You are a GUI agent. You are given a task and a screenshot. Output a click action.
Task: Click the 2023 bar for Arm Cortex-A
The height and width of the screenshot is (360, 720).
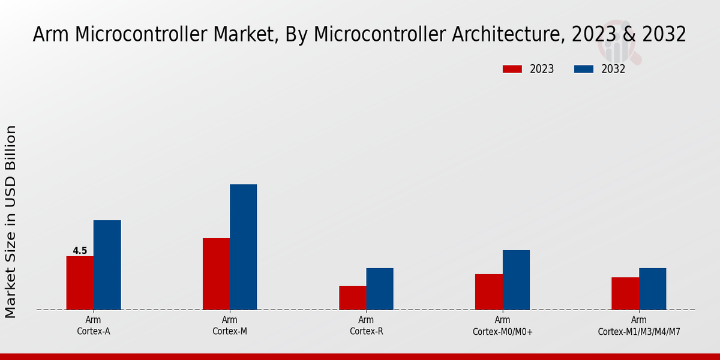click(x=80, y=283)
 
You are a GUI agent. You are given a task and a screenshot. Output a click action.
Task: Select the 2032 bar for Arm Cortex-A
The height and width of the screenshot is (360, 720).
click(x=107, y=265)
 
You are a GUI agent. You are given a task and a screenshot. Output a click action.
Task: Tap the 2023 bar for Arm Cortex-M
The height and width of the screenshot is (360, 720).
click(x=216, y=274)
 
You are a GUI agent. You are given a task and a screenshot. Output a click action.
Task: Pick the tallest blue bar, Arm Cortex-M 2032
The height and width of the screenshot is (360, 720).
click(x=243, y=247)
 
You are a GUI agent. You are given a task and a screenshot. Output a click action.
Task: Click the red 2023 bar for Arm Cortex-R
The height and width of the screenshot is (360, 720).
click(x=352, y=298)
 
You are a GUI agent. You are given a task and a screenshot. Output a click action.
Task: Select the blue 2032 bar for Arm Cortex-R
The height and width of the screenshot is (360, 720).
click(x=380, y=289)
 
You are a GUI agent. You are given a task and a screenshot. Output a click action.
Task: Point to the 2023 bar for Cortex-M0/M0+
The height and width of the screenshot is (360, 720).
click(x=488, y=292)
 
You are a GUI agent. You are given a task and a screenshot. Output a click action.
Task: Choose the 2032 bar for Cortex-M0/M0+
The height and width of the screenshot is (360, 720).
click(x=516, y=280)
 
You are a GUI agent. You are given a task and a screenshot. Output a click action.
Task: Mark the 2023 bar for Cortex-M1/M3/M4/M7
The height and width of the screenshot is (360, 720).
click(x=625, y=293)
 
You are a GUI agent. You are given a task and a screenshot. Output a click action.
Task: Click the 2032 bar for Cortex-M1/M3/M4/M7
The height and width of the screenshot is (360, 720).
click(x=652, y=289)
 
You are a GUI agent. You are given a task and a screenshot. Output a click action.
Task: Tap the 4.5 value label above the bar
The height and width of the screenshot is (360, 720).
click(x=80, y=251)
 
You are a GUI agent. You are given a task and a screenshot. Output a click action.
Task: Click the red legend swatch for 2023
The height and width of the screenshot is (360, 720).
click(x=512, y=69)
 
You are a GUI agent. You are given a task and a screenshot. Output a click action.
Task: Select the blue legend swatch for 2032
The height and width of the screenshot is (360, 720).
click(x=584, y=69)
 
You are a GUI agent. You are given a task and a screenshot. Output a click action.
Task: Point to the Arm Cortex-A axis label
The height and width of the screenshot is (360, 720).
click(x=93, y=325)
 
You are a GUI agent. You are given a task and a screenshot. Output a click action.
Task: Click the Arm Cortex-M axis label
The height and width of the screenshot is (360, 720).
click(x=229, y=325)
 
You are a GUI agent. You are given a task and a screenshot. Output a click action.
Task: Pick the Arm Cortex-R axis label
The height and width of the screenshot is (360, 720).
click(x=366, y=325)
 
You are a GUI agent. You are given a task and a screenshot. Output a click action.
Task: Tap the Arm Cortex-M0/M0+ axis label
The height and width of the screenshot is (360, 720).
click(x=502, y=325)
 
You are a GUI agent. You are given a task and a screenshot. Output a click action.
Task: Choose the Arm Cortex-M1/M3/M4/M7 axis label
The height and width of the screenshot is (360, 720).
click(x=638, y=325)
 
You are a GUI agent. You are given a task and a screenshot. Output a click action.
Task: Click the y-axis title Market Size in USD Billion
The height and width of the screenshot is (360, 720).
click(x=11, y=222)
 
